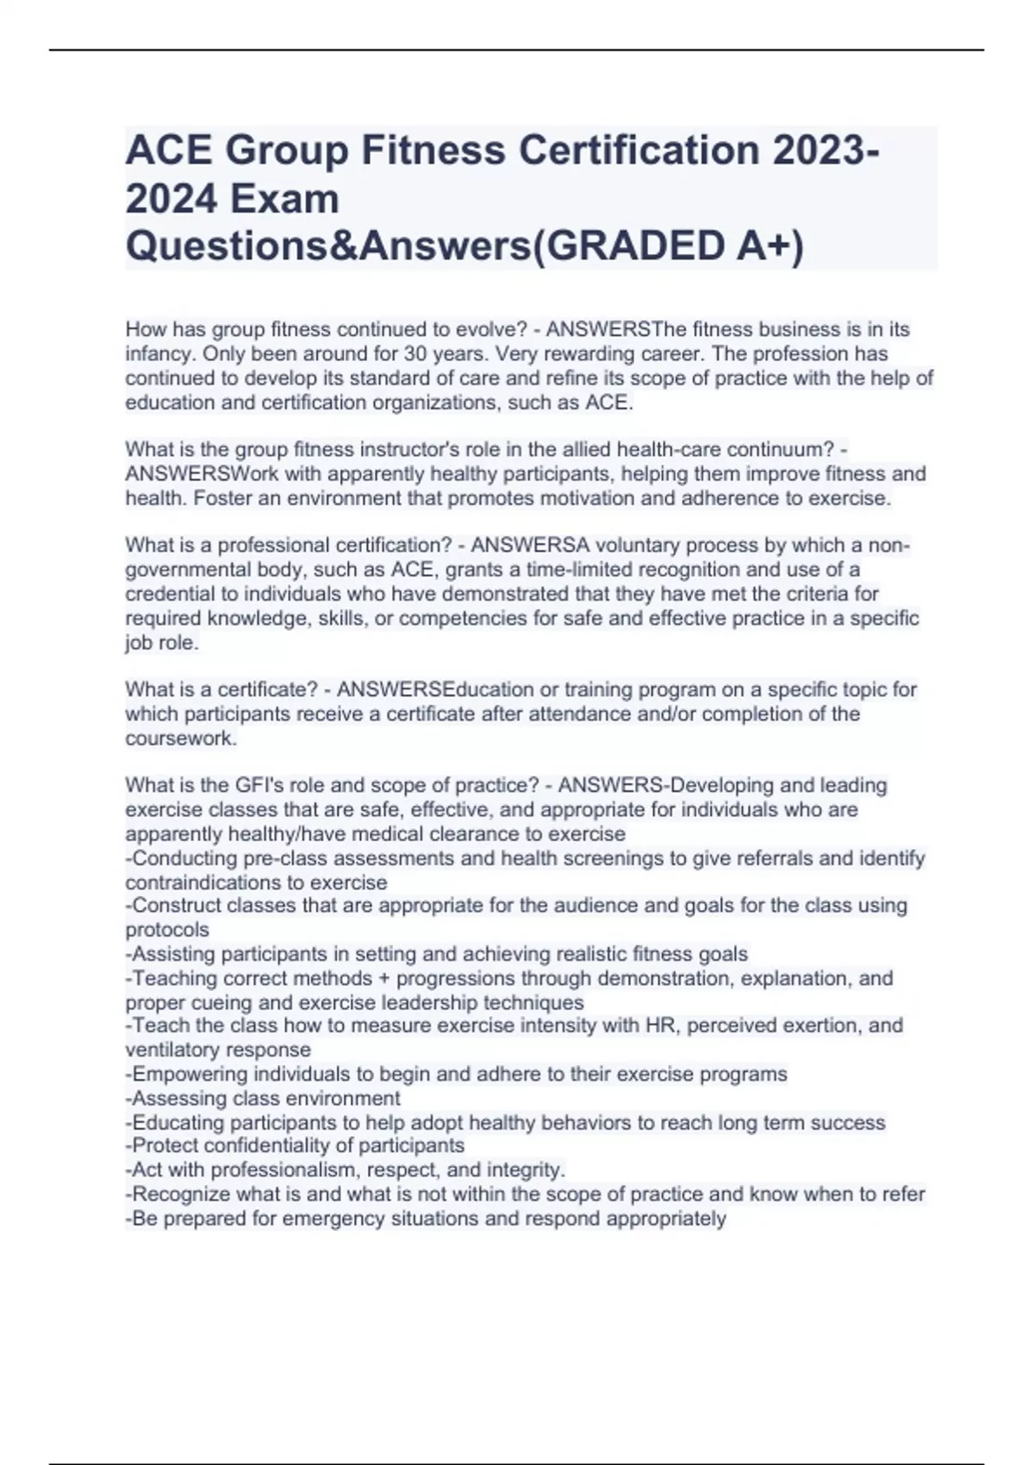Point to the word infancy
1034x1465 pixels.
click(160, 354)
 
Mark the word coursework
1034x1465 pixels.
click(180, 739)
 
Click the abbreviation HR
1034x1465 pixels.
click(658, 1025)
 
